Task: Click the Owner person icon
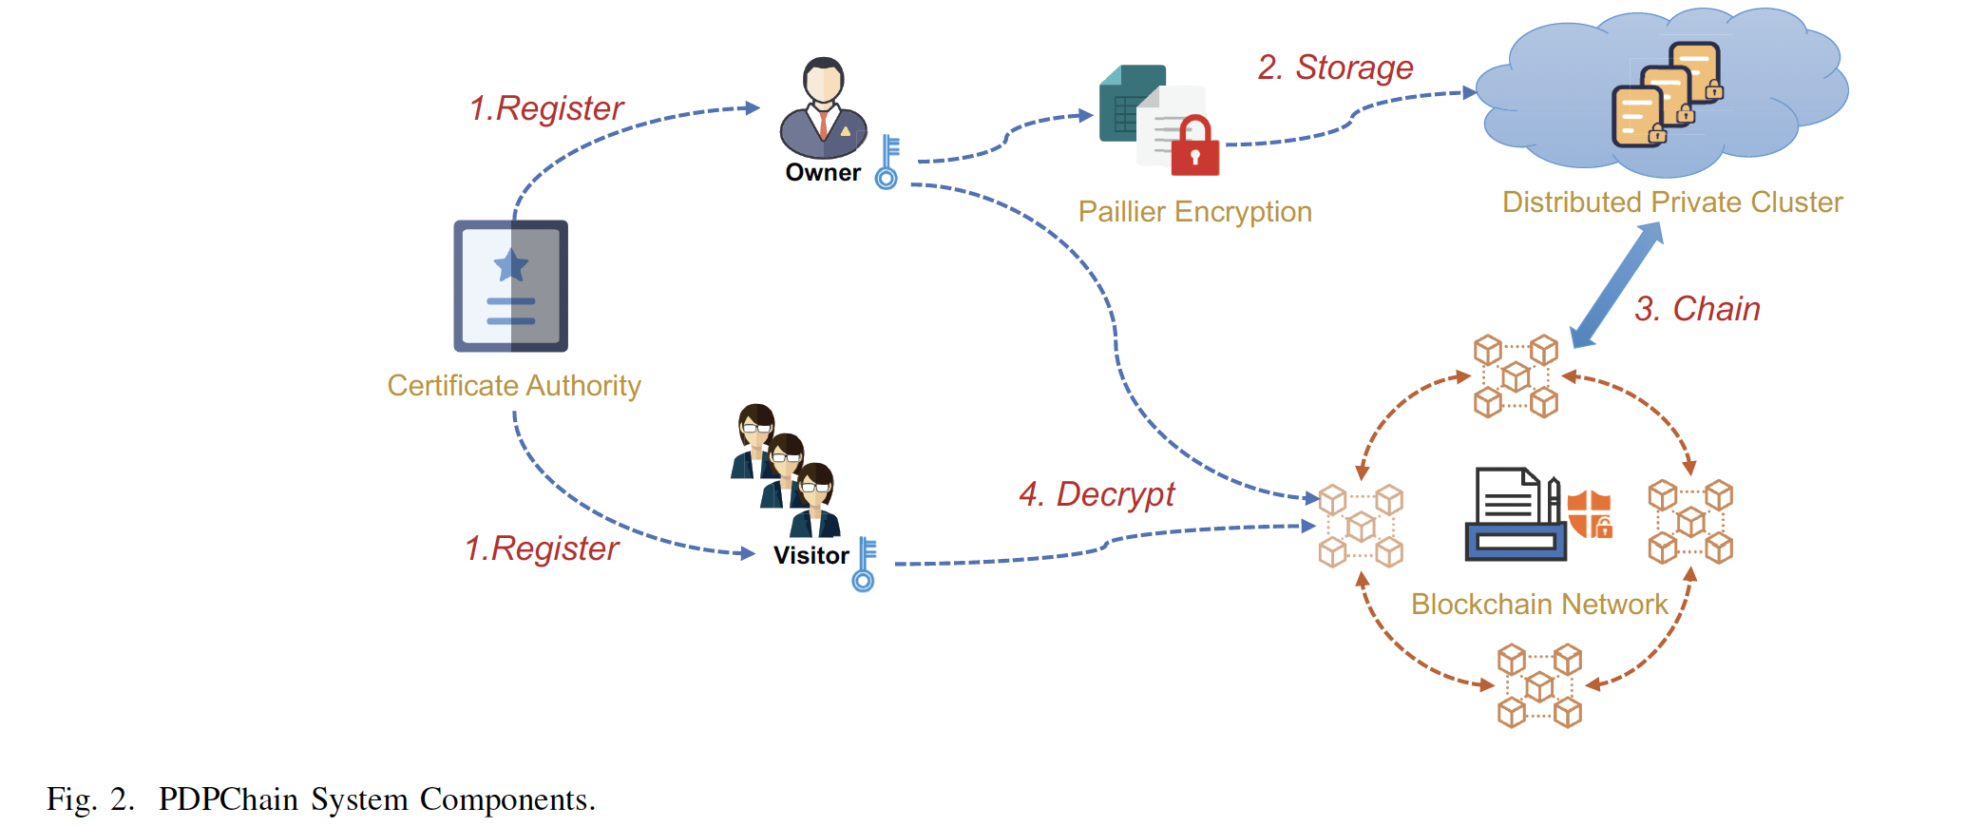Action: tap(823, 108)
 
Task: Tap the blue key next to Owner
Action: tap(887, 162)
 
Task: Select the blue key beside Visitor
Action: tap(865, 565)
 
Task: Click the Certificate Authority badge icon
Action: tap(511, 286)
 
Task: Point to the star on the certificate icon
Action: tap(511, 265)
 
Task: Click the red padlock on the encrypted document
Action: tap(1194, 147)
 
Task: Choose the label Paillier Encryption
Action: tap(1194, 211)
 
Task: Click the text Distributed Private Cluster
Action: tap(1671, 202)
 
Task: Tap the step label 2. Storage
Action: tap(1335, 67)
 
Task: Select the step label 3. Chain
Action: tap(1697, 309)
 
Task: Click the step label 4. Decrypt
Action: tap(1097, 494)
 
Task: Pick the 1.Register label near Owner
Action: tap(546, 108)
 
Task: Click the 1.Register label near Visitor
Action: tap(542, 548)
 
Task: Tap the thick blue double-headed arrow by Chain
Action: tap(1616, 285)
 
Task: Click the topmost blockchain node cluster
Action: tap(1516, 376)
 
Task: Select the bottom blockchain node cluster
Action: tap(1539, 685)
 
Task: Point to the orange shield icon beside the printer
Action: tap(1590, 514)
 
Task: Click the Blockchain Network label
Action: tap(1539, 605)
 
